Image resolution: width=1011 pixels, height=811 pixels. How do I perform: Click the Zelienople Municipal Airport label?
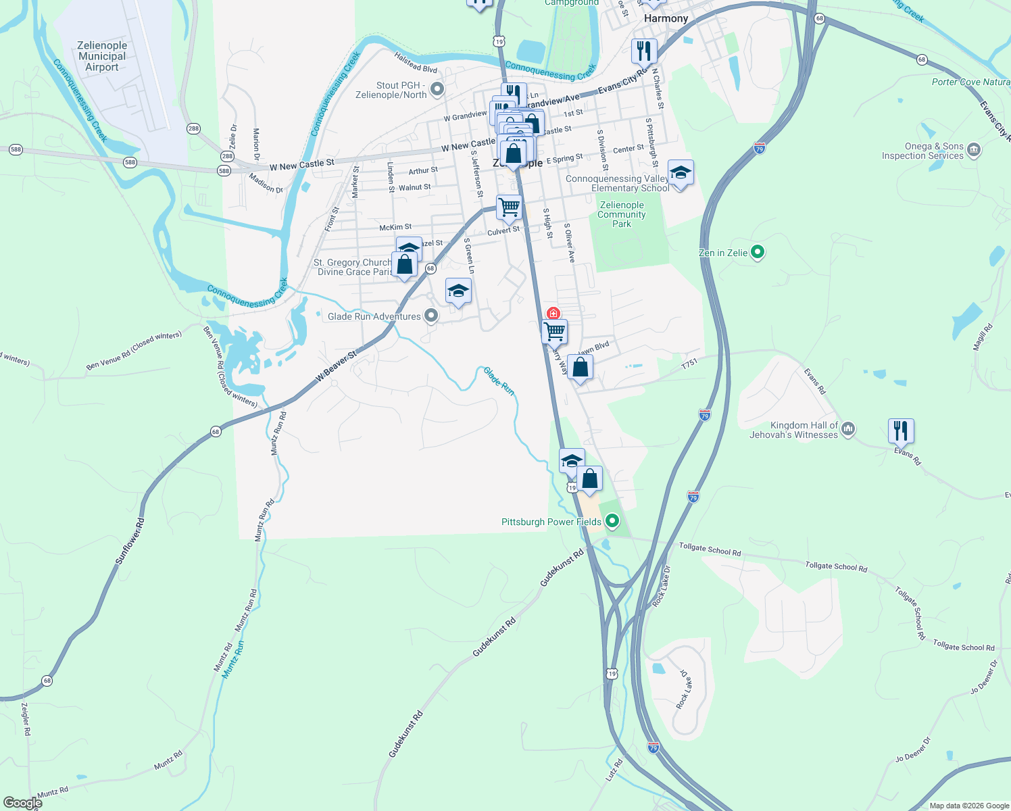pyautogui.click(x=102, y=56)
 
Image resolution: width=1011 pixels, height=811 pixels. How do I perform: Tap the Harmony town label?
pyautogui.click(x=666, y=18)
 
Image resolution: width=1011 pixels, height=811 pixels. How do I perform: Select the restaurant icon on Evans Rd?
pyautogui.click(x=901, y=431)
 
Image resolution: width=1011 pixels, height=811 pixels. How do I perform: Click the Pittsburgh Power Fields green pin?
pyautogui.click(x=612, y=521)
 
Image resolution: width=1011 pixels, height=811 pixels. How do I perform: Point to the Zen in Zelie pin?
pyautogui.click(x=758, y=252)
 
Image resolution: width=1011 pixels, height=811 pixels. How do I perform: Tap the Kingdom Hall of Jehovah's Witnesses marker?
pyautogui.click(x=849, y=429)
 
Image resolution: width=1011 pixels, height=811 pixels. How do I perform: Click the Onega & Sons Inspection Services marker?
pyautogui.click(x=974, y=150)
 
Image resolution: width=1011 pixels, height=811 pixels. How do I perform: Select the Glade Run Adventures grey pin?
pyautogui.click(x=431, y=316)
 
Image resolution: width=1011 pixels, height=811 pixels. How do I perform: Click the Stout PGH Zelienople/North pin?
pyautogui.click(x=437, y=89)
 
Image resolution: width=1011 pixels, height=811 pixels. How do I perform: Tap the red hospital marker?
pyautogui.click(x=553, y=314)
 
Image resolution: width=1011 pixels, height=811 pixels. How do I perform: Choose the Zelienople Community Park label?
pyautogui.click(x=622, y=214)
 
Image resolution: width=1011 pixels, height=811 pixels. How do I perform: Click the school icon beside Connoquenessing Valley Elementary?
pyautogui.click(x=681, y=173)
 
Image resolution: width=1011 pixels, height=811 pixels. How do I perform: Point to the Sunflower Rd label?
pyautogui.click(x=130, y=541)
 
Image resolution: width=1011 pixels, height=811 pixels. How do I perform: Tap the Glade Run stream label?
pyautogui.click(x=499, y=381)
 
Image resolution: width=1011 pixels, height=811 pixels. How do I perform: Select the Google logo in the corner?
pyautogui.click(x=22, y=803)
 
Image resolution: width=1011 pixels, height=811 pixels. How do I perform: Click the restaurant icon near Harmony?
pyautogui.click(x=644, y=51)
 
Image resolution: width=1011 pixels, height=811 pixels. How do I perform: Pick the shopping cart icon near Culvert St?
pyautogui.click(x=509, y=207)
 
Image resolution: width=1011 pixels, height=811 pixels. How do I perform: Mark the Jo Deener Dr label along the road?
pyautogui.click(x=912, y=749)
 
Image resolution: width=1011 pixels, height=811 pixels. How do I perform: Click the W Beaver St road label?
pyautogui.click(x=336, y=366)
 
